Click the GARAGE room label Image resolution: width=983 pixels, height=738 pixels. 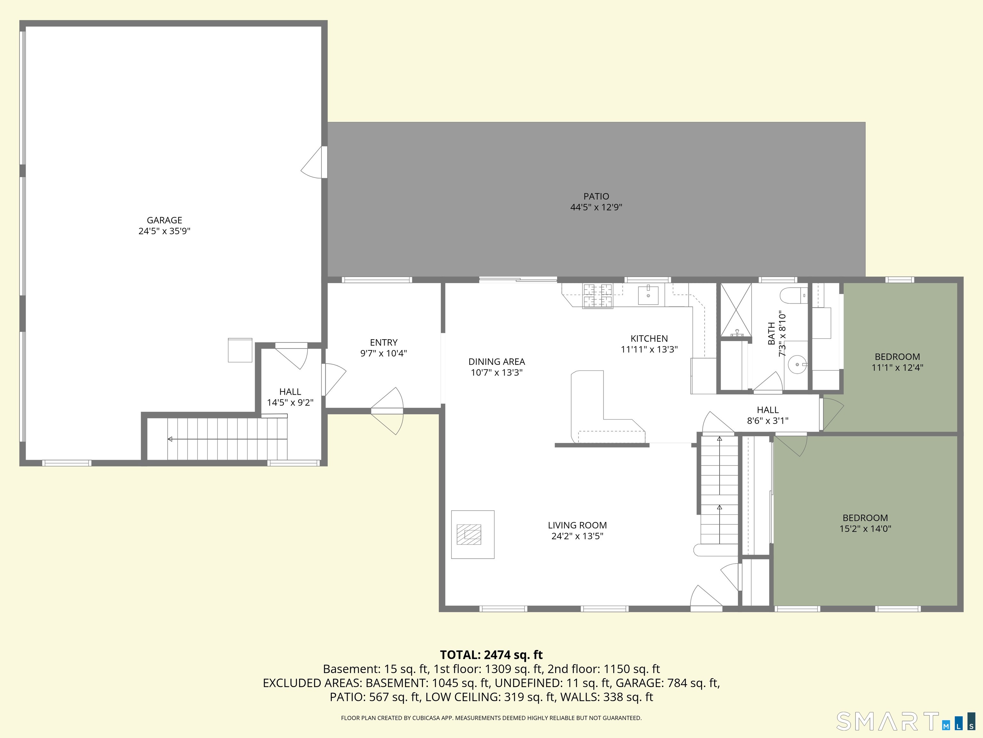pos(164,220)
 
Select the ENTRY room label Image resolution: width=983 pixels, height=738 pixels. pos(384,342)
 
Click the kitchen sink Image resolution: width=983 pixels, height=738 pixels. pos(648,295)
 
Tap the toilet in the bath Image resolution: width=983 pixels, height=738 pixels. pos(793,294)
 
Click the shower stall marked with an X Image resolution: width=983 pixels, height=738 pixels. pos(735,310)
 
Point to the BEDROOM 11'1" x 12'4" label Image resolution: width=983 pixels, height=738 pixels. pos(897,357)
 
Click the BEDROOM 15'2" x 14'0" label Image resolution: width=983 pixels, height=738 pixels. pos(865,518)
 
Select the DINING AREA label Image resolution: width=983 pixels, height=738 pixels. pos(496,362)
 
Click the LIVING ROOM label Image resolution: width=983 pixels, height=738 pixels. pos(577,525)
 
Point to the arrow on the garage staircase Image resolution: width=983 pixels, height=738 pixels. pos(170,439)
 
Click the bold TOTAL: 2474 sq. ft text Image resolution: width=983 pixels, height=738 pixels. pos(491,655)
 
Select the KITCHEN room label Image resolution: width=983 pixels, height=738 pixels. pos(649,339)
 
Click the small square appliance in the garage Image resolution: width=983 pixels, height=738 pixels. pos(240,350)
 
